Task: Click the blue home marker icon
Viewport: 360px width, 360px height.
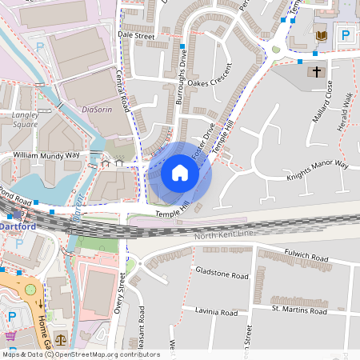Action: tap(180, 173)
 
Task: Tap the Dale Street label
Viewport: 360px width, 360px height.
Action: tap(135, 36)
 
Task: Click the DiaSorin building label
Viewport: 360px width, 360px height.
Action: tap(94, 110)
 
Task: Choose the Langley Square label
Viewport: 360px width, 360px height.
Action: tap(26, 120)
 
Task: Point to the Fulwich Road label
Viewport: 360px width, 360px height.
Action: tap(306, 258)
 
